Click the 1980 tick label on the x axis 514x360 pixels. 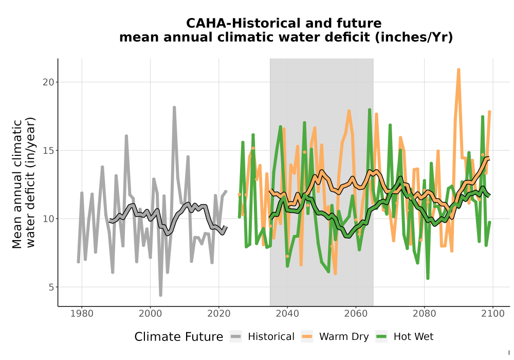[82, 314]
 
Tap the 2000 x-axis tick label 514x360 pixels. [150, 314]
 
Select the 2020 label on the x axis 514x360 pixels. [218, 314]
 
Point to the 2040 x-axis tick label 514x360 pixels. [287, 314]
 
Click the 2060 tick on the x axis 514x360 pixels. [356, 314]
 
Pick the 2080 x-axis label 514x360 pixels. [424, 314]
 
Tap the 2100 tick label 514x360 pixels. [493, 314]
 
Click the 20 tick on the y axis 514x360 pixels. [48, 82]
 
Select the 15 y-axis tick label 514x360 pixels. [48, 151]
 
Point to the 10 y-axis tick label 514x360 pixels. [48, 219]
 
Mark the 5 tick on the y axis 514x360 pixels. [51, 287]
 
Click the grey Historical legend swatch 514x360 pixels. [236, 337]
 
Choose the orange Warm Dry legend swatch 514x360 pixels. [307, 337]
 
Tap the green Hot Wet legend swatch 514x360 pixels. [381, 337]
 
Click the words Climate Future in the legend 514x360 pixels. [179, 337]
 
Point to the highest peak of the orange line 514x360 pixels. [458, 69]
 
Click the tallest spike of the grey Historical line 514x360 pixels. [174, 107]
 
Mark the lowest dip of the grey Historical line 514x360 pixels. [160, 295]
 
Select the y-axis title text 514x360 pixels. [23, 183]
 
